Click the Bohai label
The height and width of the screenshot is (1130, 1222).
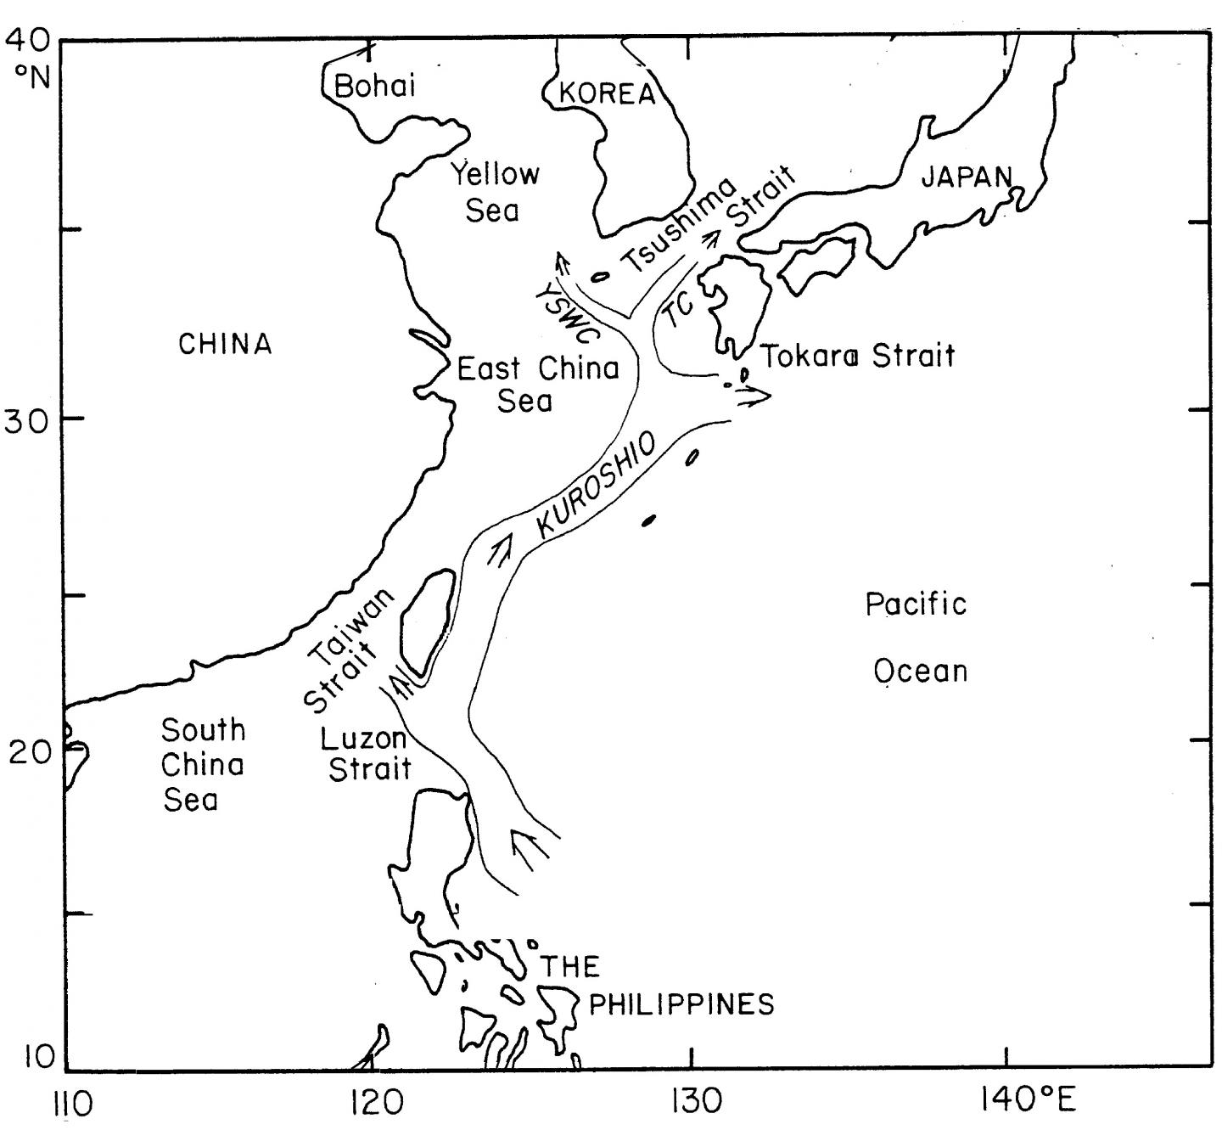point(374,86)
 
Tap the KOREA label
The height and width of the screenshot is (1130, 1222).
point(608,93)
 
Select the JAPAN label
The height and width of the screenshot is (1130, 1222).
point(967,177)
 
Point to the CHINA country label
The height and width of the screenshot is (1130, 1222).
point(226,344)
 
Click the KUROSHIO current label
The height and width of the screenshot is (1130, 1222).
point(597,486)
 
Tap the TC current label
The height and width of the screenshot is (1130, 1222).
point(680,311)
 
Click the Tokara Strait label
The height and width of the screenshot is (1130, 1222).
point(858,355)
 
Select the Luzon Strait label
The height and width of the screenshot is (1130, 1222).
point(367,754)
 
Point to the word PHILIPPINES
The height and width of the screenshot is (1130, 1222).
point(681,1004)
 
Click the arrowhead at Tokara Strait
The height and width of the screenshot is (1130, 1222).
point(754,395)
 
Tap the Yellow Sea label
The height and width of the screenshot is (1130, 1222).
point(495,192)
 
